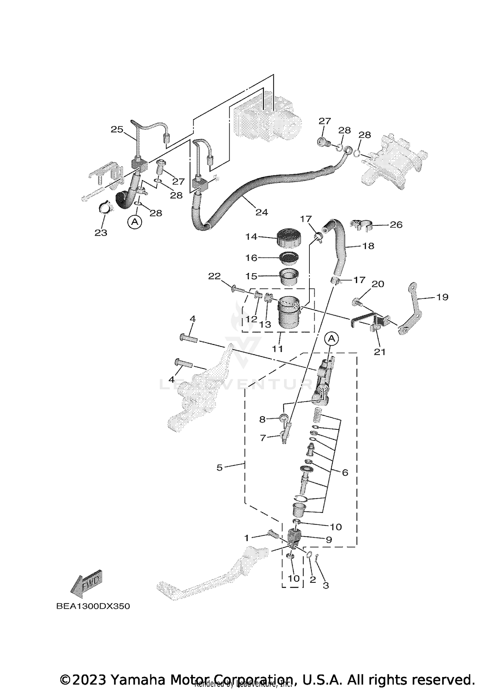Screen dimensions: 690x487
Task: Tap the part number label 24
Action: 262,212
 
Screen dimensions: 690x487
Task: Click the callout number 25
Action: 117,129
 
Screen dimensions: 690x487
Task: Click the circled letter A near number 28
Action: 135,222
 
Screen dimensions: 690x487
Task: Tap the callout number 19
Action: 442,297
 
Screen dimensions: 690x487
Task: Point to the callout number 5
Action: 219,468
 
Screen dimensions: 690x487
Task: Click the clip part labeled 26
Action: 361,225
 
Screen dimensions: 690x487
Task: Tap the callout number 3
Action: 326,585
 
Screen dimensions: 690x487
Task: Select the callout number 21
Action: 380,352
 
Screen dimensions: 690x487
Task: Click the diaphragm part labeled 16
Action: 289,258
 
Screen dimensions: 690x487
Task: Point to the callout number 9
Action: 329,540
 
